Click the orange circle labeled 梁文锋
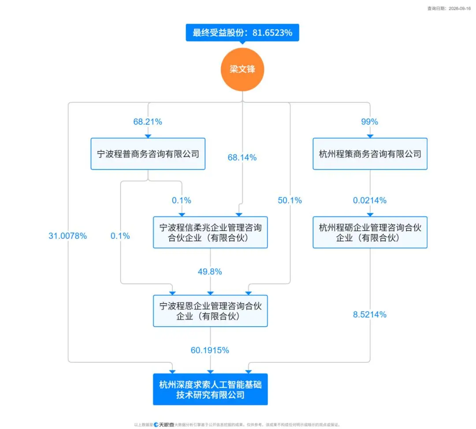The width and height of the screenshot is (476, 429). point(242,69)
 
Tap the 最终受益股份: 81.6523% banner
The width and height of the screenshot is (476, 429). point(242,33)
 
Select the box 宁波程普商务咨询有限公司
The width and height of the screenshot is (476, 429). point(148,154)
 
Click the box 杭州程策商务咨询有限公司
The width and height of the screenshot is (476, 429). point(370,154)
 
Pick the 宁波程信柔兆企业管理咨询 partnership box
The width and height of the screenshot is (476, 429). point(210,232)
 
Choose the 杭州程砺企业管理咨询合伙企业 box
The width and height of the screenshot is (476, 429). point(370,232)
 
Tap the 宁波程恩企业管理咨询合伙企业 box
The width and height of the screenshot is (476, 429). point(210,311)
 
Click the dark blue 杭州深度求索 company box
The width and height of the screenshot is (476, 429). point(210,389)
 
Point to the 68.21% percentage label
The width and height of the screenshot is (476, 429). point(148,122)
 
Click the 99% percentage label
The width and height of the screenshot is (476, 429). point(369,122)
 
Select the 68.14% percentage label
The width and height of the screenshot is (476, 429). point(242,158)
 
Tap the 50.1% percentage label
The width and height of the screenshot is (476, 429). point(290,200)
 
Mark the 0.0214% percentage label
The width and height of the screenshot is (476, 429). point(370,200)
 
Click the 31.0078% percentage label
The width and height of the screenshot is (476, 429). point(68,236)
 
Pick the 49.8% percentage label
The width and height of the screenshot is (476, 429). point(210,271)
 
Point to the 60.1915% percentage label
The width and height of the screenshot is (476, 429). point(210,350)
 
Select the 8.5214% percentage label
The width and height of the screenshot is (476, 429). point(370,314)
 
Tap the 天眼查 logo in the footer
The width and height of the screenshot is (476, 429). point(164,425)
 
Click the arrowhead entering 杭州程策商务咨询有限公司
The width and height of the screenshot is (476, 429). point(370,136)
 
